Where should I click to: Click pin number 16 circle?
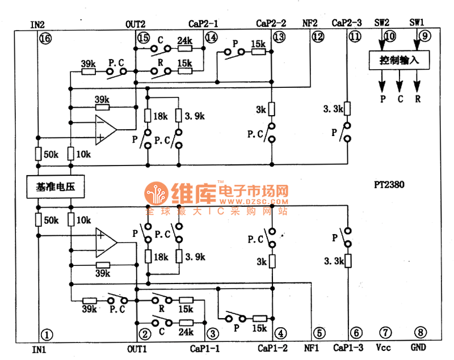45,39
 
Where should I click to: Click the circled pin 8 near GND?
420,333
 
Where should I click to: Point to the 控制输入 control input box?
398,60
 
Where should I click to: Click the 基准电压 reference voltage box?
56,187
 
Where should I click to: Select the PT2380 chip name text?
389,185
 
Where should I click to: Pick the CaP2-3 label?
347,23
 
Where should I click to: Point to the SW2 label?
382,23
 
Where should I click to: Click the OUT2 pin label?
136,24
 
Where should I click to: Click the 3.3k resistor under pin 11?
347,108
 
